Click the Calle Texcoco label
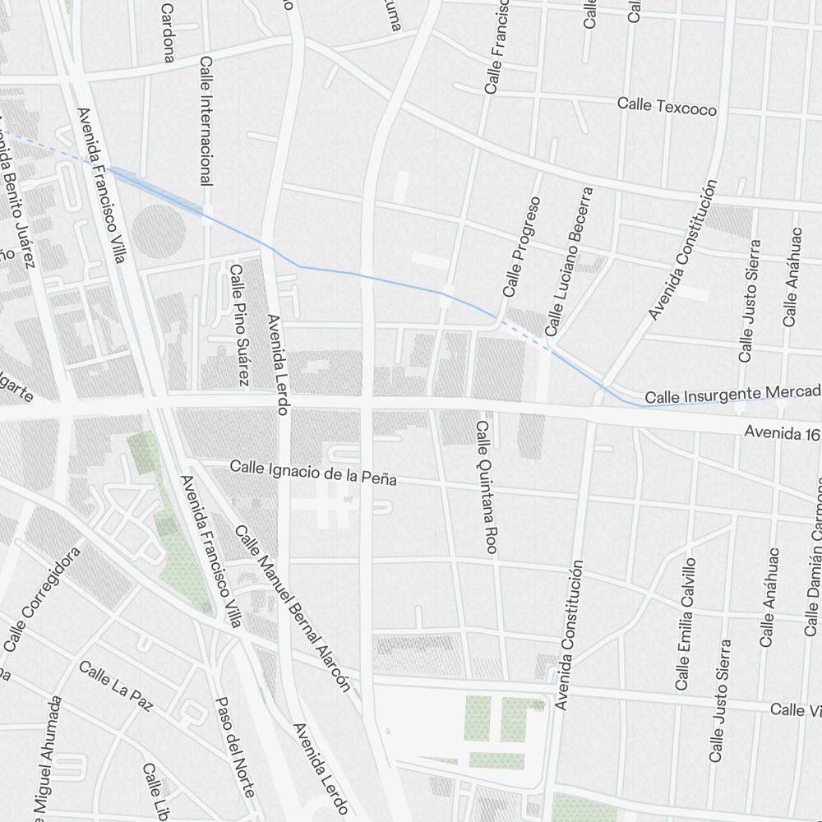tap(667, 107)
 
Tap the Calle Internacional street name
tap(206, 120)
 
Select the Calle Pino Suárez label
tap(238, 325)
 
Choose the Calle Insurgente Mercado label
tap(732, 394)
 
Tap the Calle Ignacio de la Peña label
tap(313, 473)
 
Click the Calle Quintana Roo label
tap(485, 487)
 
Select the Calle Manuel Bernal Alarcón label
tap(293, 608)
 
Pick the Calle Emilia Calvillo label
tap(685, 623)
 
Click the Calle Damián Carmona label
tap(815, 559)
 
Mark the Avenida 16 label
tap(782, 432)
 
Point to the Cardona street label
tap(168, 33)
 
